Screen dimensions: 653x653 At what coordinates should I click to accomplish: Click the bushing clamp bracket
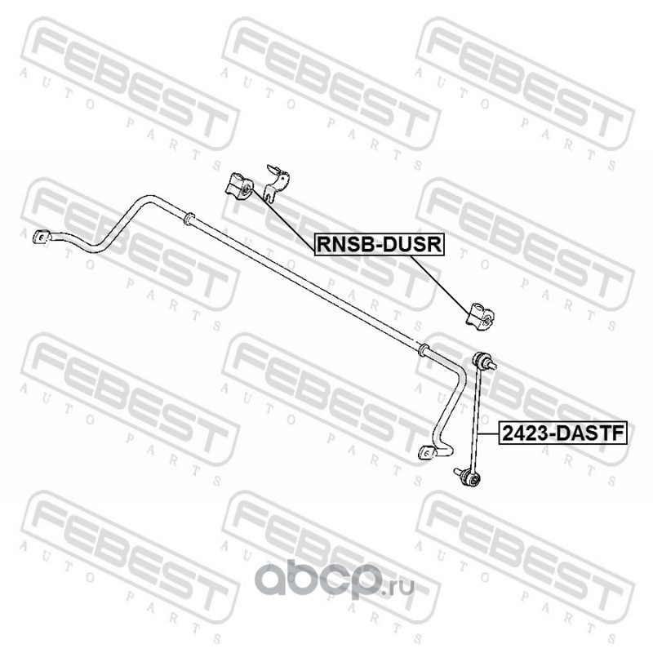(x=278, y=180)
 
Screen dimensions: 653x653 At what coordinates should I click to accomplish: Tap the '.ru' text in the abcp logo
(x=402, y=582)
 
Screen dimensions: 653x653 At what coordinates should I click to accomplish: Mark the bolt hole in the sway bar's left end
(x=37, y=238)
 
